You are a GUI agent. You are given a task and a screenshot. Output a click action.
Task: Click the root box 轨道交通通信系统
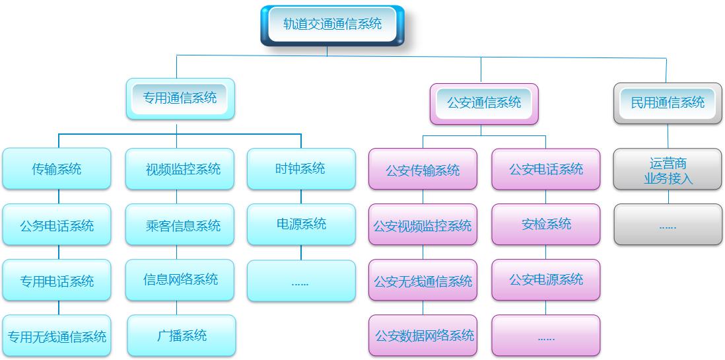332,25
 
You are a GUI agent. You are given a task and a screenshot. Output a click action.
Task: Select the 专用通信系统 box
180,98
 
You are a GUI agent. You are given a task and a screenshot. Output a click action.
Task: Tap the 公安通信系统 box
484,103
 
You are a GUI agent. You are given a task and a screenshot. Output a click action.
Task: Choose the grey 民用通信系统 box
668,103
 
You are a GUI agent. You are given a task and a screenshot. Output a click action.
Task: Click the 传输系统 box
57,169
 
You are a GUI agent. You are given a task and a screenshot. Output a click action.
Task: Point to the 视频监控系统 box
180,169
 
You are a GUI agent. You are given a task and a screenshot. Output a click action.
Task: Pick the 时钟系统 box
300,168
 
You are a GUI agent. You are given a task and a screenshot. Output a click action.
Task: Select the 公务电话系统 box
57,225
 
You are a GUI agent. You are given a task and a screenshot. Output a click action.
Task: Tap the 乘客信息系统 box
180,225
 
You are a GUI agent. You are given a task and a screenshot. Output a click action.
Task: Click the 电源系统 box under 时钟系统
301,224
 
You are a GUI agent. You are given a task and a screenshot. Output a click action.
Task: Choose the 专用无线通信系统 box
57,337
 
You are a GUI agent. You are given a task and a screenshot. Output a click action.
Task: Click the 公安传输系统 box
423,170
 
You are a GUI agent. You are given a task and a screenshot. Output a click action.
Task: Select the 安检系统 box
546,224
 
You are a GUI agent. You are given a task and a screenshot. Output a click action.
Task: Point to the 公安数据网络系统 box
423,336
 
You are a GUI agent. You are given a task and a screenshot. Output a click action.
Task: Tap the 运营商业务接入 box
668,170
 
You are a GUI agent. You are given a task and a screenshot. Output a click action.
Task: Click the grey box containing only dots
668,225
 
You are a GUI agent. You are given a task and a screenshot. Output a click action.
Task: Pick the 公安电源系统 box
546,279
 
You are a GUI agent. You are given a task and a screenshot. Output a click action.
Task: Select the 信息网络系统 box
180,279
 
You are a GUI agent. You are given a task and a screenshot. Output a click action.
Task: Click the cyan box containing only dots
301,281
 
